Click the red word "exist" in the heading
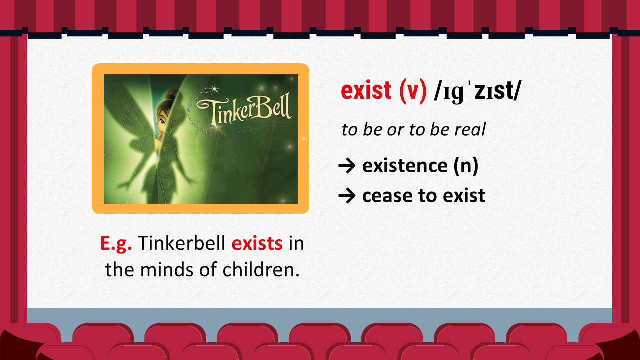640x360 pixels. coord(366,90)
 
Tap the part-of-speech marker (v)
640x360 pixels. coord(413,91)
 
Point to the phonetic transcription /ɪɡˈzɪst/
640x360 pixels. coord(477,91)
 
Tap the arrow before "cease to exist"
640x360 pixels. coord(347,196)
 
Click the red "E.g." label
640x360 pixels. coord(116,243)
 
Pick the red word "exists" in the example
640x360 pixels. coord(257,243)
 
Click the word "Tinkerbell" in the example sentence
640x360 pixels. coord(181,243)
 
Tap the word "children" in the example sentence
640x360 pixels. coord(261,269)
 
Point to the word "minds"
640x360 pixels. coord(167,270)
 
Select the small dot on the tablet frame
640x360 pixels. coord(303,139)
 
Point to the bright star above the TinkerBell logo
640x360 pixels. coord(214,89)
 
